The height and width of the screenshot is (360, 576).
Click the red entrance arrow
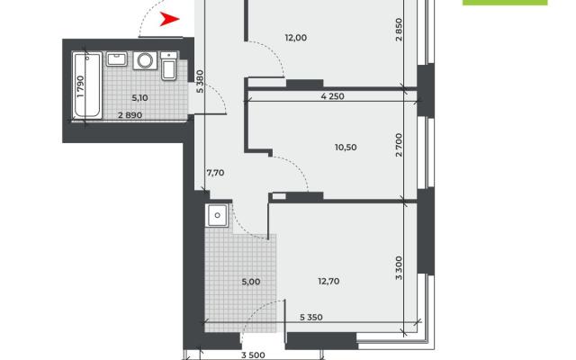(x=168, y=19)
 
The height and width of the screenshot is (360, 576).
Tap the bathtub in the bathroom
(x=87, y=85)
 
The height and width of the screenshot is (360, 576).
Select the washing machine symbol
(x=145, y=60)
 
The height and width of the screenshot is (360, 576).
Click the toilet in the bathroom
(x=169, y=66)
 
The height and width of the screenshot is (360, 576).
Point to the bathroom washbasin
(x=117, y=59)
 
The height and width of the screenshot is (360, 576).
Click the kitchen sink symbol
(x=218, y=216)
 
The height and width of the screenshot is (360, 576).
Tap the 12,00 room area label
(x=296, y=38)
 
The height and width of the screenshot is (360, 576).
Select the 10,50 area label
(x=346, y=148)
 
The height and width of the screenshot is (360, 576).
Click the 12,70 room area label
(x=328, y=282)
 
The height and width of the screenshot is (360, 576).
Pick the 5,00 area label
(x=251, y=282)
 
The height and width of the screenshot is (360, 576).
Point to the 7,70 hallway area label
(x=215, y=173)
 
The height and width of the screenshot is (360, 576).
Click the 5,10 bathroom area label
(x=139, y=98)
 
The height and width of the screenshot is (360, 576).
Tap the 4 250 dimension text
(x=332, y=96)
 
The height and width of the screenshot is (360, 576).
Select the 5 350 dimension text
(x=311, y=317)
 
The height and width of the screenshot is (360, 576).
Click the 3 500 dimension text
(x=253, y=355)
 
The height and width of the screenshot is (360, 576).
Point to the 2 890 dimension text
(x=130, y=115)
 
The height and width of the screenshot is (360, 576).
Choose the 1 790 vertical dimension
(x=81, y=86)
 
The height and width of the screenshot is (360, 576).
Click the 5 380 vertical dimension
(x=200, y=81)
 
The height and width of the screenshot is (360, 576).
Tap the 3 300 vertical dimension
(x=399, y=268)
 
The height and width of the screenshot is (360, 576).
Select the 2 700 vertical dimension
(x=399, y=145)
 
